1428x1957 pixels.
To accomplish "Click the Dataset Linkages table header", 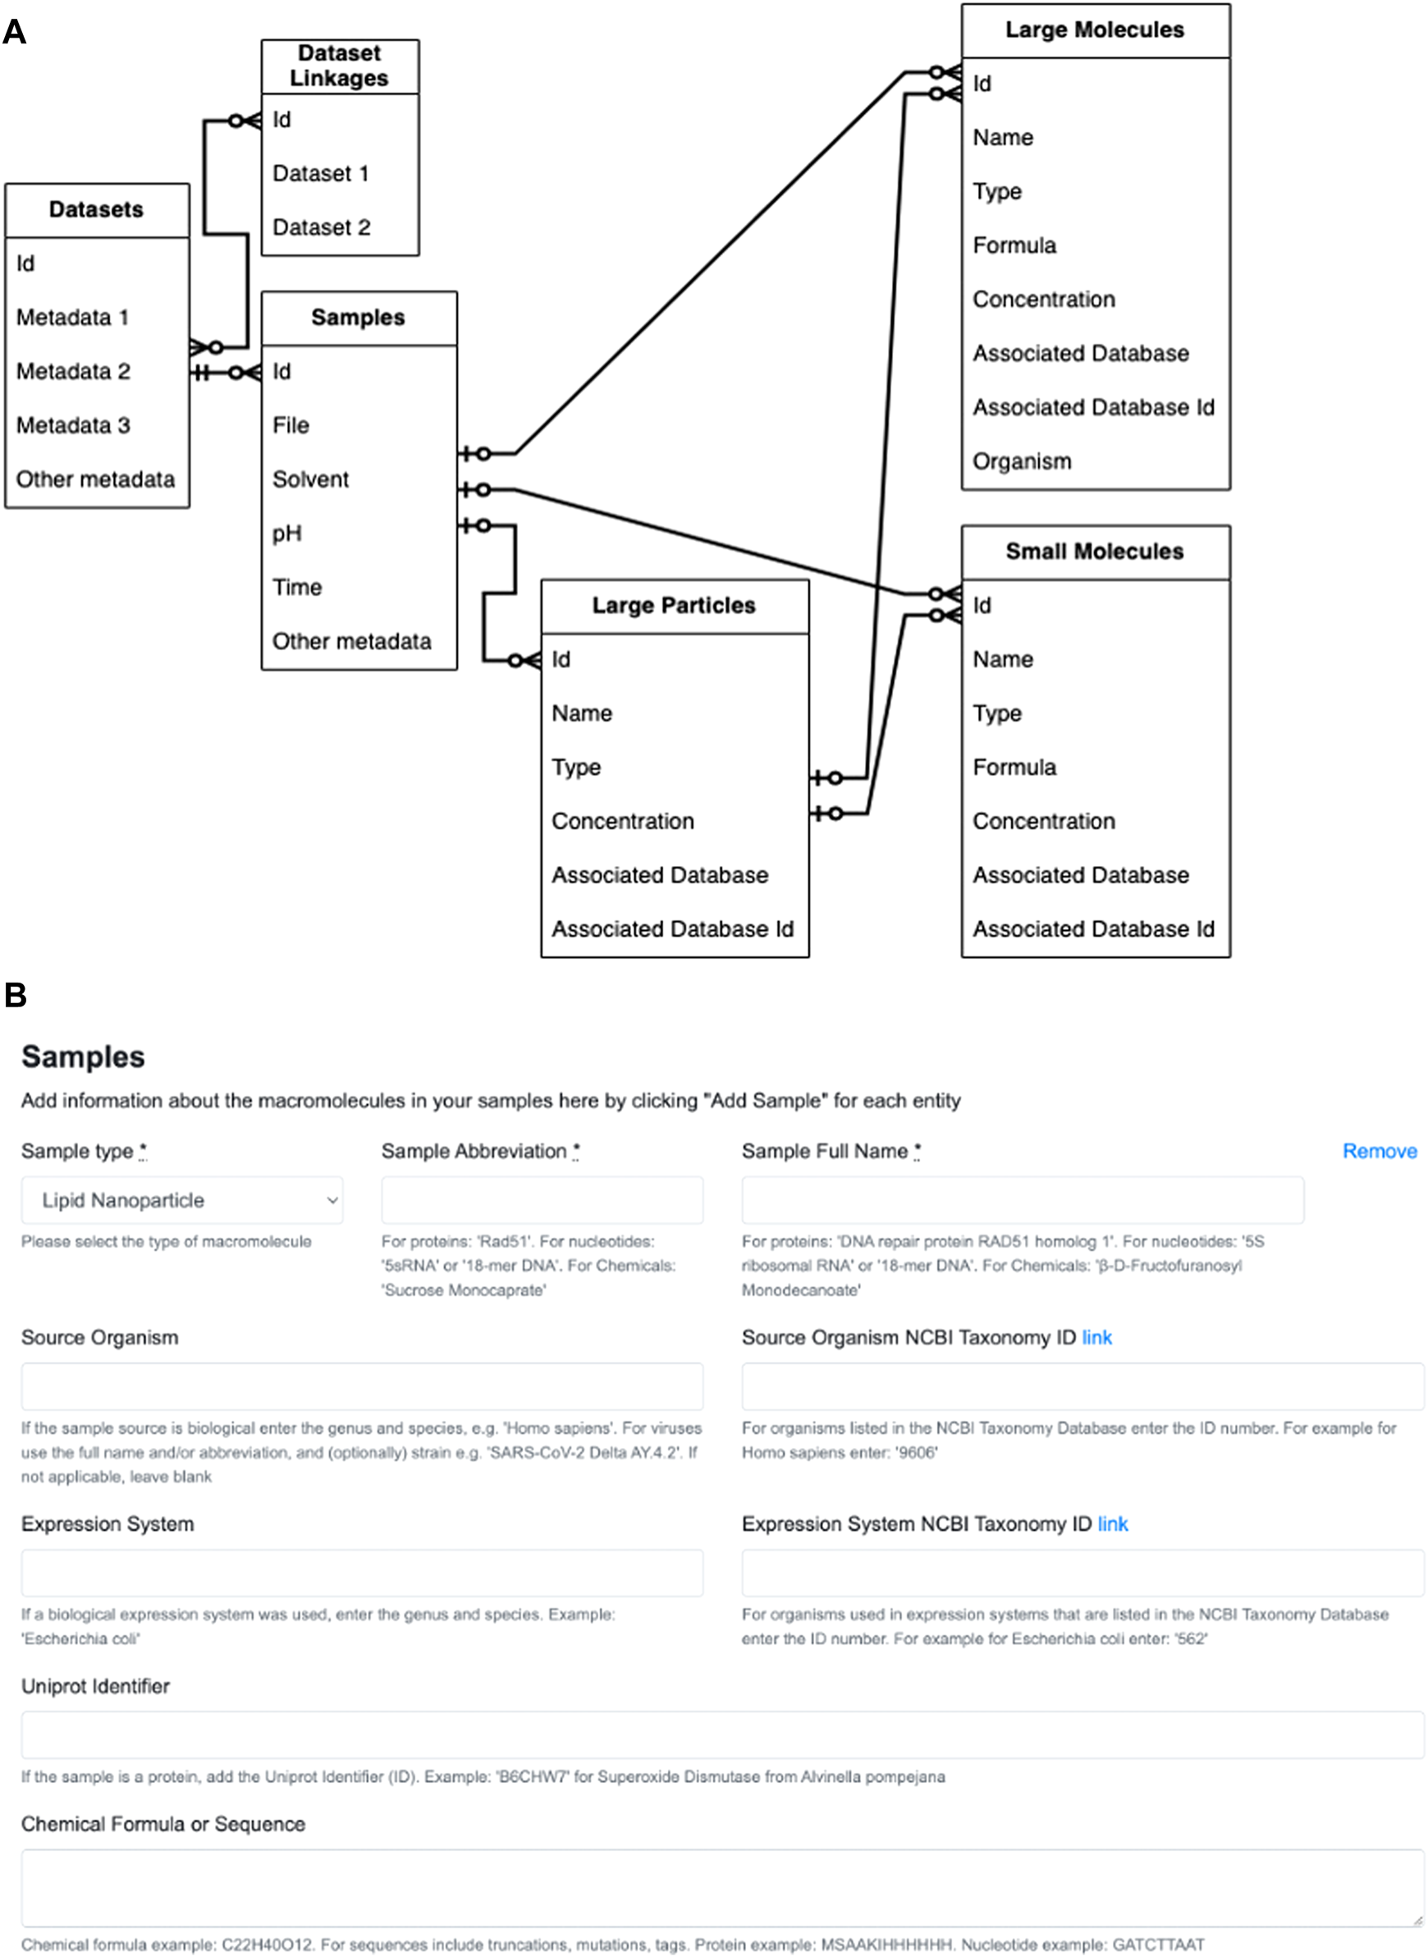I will [x=339, y=66].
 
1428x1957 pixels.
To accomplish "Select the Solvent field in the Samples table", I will [x=310, y=479].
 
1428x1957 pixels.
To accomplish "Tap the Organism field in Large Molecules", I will [x=1022, y=461].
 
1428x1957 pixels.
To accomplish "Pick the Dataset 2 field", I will [x=321, y=227].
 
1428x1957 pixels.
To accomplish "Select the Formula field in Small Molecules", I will [x=1014, y=768].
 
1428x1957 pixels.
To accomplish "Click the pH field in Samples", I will [x=287, y=534].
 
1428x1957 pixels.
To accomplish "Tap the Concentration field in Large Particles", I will [x=622, y=821].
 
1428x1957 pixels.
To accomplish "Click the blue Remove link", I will [x=1379, y=1152].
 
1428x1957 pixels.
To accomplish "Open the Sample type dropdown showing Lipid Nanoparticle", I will [x=181, y=1200].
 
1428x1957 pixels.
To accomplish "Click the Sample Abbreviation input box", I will [x=542, y=1200].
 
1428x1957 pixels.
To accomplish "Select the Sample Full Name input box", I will [x=1022, y=1200].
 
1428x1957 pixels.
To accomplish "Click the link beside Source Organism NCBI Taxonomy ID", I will [x=1097, y=1338].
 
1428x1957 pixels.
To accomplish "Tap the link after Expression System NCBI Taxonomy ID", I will [x=1113, y=1524].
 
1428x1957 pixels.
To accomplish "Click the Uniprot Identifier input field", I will [x=721, y=1735].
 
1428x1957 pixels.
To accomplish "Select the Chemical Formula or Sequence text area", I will [x=721, y=1887].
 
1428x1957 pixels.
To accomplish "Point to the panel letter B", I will [x=16, y=995].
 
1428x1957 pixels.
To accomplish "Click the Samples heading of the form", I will [x=83, y=1056].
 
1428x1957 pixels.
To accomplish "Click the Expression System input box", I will [x=361, y=1573].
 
